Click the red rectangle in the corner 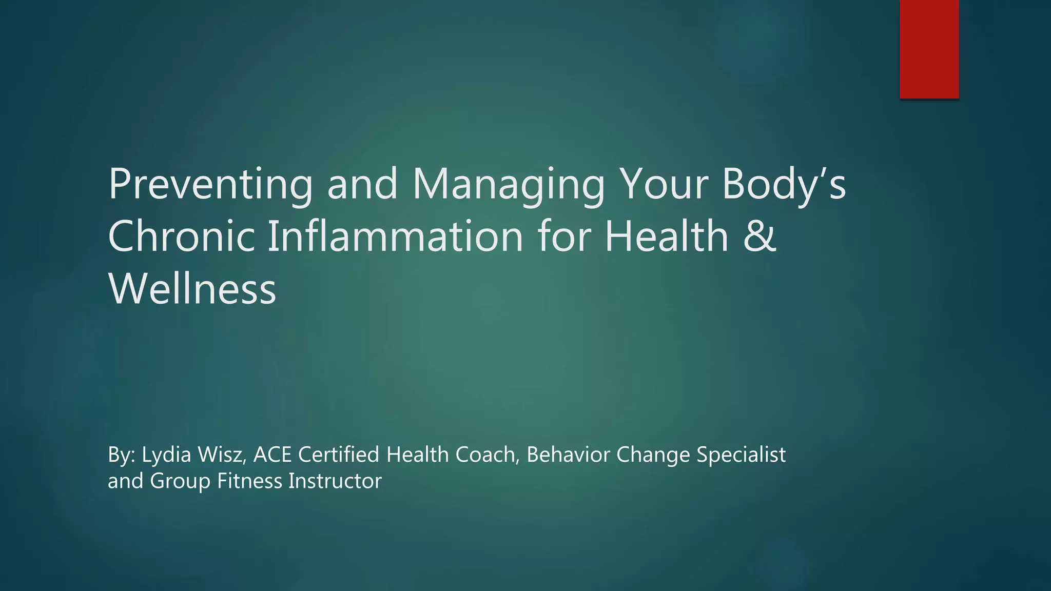[929, 49]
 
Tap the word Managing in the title [508, 185]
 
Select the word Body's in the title [784, 185]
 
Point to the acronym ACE [273, 455]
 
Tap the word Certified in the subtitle [339, 455]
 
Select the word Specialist [741, 455]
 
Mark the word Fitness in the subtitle [249, 481]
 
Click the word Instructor [335, 481]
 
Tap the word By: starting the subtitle [122, 455]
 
